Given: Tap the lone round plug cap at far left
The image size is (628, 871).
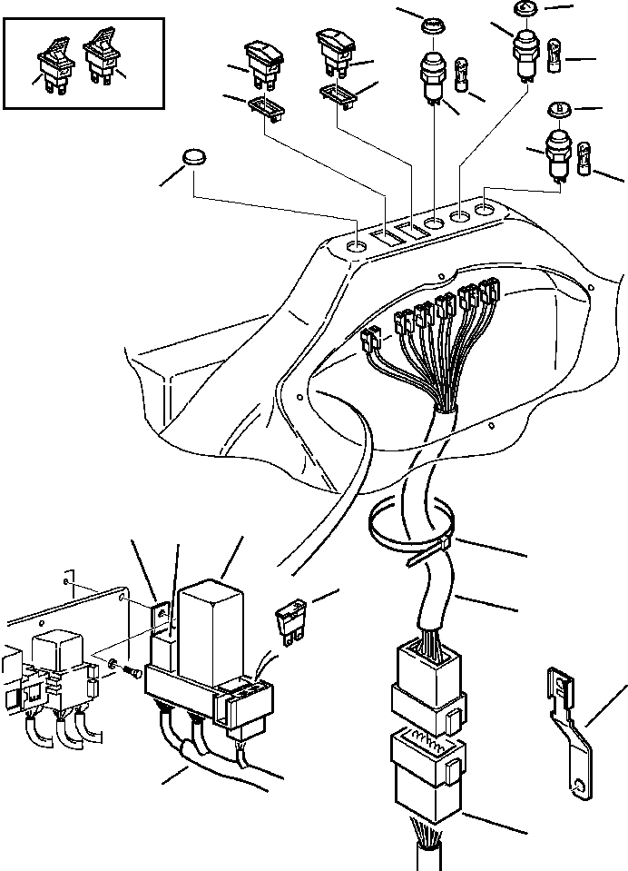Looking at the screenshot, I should (x=194, y=157).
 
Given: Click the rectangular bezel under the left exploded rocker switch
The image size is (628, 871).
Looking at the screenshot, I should (x=265, y=107).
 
